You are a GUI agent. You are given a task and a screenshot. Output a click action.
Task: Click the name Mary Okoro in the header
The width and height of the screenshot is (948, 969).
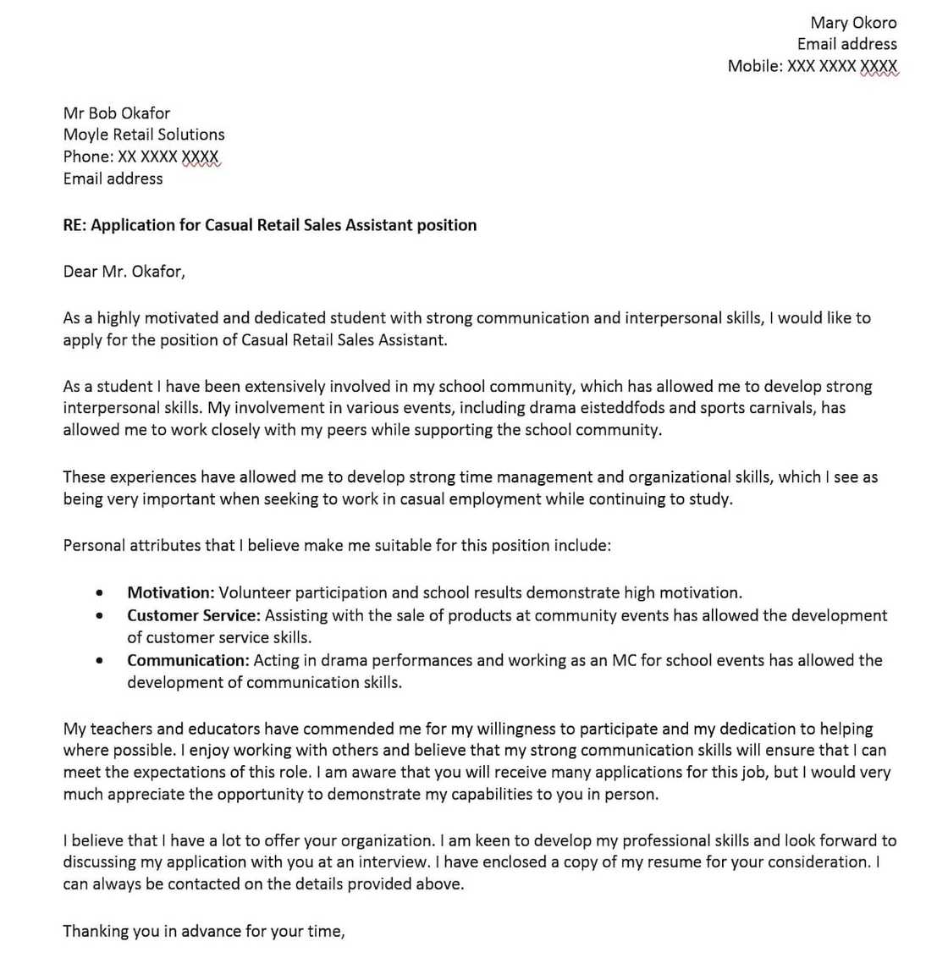point(852,23)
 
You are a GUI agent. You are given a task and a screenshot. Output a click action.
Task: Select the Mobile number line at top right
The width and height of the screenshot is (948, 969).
point(812,66)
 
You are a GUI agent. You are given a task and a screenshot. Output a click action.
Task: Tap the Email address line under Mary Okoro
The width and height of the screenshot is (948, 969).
point(846,44)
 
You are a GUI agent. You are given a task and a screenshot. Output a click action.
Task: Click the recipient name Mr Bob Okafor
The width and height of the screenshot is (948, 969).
point(116,113)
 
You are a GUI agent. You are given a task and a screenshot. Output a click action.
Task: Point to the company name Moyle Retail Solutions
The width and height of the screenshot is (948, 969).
point(144,135)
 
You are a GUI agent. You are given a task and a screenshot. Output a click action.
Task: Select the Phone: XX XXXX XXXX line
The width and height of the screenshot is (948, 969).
point(141,157)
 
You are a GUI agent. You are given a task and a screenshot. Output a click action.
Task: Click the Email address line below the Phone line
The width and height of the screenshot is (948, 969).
point(113,179)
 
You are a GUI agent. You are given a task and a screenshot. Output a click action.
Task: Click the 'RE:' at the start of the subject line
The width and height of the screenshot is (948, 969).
point(74,225)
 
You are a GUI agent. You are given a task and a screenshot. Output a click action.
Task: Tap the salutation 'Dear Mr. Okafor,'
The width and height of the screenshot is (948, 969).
point(124,272)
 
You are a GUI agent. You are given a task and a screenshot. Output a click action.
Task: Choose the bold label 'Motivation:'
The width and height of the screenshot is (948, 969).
point(170,593)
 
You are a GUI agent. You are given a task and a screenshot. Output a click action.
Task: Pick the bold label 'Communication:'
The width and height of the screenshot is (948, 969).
point(188,661)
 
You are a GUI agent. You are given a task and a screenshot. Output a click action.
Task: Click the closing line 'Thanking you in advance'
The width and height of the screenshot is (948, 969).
point(203,932)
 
